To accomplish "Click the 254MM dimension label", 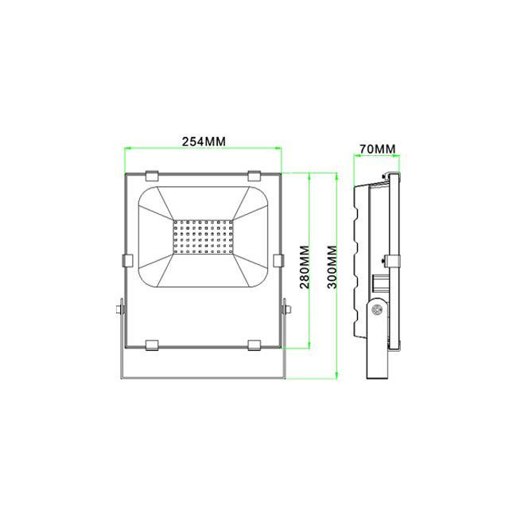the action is tap(204, 142).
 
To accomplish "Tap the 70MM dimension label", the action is tap(377, 149).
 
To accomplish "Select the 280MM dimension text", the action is tap(305, 267).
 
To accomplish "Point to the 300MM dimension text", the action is tap(332, 267).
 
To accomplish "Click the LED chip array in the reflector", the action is tap(203, 237).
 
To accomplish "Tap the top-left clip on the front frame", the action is tap(152, 176).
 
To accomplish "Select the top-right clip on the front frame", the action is tap(255, 176).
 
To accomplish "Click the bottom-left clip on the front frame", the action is tap(152, 345).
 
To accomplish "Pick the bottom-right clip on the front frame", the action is tap(255, 345).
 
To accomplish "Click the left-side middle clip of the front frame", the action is tap(127, 260).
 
